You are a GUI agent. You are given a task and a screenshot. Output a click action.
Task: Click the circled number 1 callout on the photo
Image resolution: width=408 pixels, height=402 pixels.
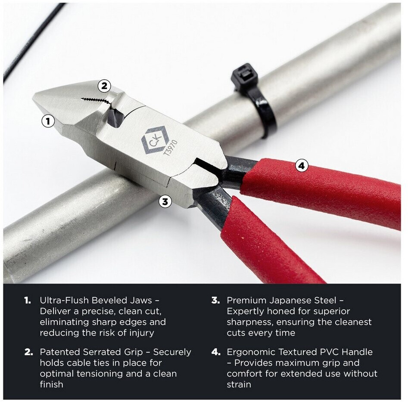coord(48,121)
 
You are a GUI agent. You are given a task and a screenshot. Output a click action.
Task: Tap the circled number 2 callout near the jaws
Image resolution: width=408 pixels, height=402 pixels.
coord(104,86)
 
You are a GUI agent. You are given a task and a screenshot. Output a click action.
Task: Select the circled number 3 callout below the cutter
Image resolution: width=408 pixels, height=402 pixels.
coord(165,201)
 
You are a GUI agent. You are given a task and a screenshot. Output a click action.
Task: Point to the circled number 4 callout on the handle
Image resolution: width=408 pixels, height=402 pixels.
coord(302,166)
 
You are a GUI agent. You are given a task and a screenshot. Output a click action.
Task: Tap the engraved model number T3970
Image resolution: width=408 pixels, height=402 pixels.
coord(171,148)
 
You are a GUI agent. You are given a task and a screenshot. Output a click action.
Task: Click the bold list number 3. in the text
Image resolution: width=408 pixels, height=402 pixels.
coord(216,300)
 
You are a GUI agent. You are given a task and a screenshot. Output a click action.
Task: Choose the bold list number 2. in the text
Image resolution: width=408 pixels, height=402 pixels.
coord(28,352)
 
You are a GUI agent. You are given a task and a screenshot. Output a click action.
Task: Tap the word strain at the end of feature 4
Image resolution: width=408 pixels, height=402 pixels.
coord(239,384)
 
